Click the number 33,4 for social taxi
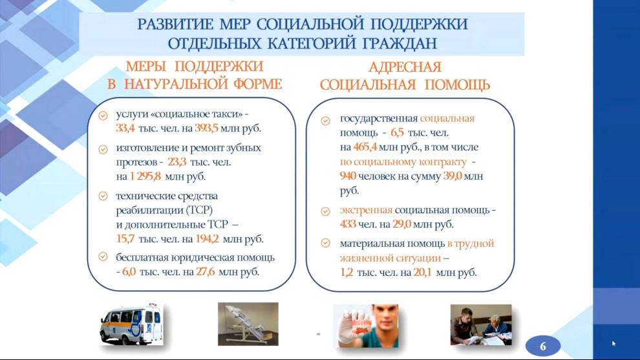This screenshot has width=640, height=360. pos(125,128)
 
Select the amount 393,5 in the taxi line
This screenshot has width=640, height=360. pos(206,128)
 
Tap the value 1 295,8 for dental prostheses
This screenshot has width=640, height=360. pos(145,176)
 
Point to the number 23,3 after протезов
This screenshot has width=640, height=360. pos(176,162)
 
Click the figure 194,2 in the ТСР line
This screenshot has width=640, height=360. pos(207,238)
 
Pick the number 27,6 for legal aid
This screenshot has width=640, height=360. pos(206,271)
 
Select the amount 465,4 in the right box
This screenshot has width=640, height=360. pos(365,147)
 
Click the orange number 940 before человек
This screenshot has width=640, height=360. pos(348,176)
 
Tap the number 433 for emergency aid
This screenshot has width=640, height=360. pos(348,224)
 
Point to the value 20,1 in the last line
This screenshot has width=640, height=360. pos(422,272)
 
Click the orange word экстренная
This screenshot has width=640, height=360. pos(366,210)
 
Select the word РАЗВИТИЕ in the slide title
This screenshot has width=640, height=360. pos(175,25)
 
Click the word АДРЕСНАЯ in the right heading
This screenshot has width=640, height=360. pos(405,67)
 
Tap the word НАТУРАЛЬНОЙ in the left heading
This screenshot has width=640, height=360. pos(176,84)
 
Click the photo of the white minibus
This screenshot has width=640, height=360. pos(131,324)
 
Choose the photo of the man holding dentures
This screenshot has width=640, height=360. pos(366,326)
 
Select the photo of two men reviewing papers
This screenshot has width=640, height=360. pos(481,324)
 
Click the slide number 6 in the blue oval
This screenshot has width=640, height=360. pos(543,346)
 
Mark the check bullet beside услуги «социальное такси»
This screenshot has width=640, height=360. pos(103,116)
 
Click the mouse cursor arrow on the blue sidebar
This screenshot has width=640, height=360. pos(614,344)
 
